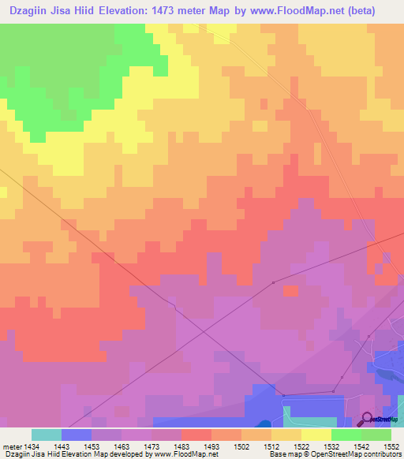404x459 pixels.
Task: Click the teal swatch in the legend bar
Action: (x=46, y=435)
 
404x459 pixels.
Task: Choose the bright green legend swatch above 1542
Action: (x=346, y=435)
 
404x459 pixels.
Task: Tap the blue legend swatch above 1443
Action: (x=77, y=435)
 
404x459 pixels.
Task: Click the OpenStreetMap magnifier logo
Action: (x=368, y=418)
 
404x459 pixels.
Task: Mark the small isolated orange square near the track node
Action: (x=290, y=290)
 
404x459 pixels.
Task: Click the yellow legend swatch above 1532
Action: (x=316, y=435)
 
